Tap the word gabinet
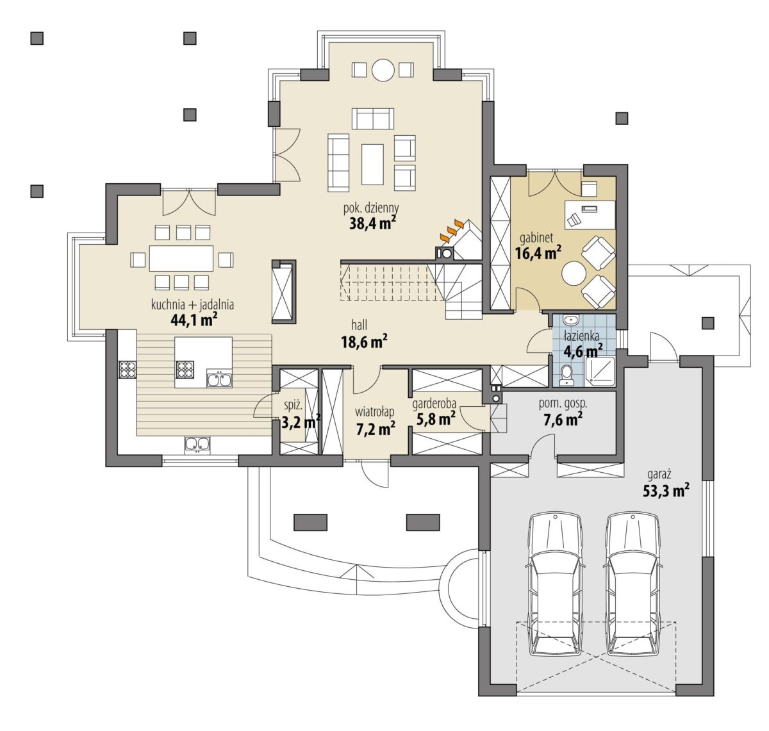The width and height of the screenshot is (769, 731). click(x=536, y=238)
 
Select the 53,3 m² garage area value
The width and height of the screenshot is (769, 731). click(x=666, y=491)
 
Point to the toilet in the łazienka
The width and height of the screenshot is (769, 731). click(x=565, y=375)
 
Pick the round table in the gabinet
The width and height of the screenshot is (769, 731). click(x=574, y=273)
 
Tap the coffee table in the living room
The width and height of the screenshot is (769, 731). click(x=372, y=164)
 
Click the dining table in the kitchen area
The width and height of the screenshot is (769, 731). click(x=181, y=258)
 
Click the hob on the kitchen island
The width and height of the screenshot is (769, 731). click(x=184, y=369)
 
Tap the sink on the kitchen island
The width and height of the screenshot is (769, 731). click(x=219, y=378)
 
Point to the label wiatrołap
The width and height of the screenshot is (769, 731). click(x=374, y=412)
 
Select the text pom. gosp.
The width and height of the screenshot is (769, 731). click(x=563, y=404)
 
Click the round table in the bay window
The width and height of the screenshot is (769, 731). click(x=383, y=70)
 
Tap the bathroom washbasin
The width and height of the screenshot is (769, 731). click(x=571, y=320)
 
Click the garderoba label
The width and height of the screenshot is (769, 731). click(x=434, y=403)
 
